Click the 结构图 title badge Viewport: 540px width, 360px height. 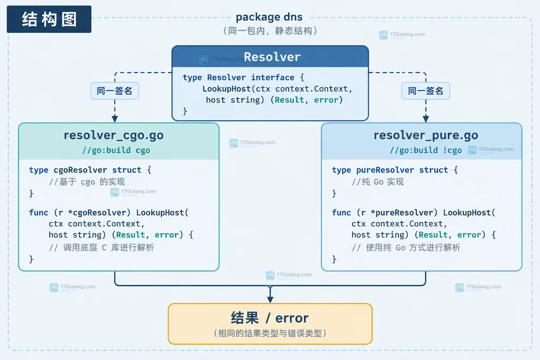[x=49, y=19]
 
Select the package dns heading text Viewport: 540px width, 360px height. [x=269, y=17]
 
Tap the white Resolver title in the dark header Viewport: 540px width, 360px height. [x=272, y=57]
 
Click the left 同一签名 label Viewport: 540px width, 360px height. [x=114, y=91]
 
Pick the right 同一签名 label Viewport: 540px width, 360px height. [x=426, y=91]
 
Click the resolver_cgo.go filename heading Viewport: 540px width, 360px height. [x=114, y=135]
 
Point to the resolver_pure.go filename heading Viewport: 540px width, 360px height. [x=426, y=135]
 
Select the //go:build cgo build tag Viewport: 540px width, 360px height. [x=116, y=150]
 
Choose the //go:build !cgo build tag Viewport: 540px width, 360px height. [x=426, y=150]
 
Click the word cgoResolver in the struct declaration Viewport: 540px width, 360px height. [x=80, y=170]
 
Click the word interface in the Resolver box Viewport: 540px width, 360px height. [x=273, y=77]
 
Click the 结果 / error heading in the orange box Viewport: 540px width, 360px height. [x=269, y=318]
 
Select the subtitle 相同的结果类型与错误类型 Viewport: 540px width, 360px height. [x=270, y=333]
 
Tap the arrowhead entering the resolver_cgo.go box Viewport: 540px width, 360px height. [x=114, y=119]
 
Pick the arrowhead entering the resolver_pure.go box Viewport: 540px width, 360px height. [x=426, y=119]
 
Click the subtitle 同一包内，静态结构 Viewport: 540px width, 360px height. [x=270, y=31]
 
